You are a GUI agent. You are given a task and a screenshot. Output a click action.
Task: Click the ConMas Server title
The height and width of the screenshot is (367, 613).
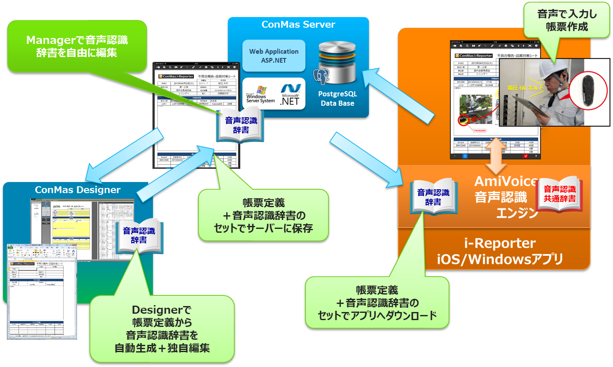point(298,25)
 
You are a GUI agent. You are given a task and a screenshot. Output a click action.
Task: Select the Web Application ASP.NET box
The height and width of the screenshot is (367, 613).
point(274,56)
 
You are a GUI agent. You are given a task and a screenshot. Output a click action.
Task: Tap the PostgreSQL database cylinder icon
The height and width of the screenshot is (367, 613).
point(337,64)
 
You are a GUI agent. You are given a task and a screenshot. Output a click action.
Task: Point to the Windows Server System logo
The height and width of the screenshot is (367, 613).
point(260,95)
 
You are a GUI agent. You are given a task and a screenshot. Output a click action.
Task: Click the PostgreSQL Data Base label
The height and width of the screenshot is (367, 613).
point(337,98)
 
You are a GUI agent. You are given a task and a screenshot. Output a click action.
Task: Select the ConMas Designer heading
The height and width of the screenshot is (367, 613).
point(78,190)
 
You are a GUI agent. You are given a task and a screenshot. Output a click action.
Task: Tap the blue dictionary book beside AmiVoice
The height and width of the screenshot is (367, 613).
point(433,197)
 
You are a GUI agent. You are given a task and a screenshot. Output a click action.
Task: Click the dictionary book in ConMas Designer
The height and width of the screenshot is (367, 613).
point(139,235)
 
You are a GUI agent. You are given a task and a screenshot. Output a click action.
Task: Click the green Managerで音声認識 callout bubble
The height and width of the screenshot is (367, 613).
point(77,46)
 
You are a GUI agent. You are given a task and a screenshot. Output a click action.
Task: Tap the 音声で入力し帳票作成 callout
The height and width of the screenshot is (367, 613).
point(567,20)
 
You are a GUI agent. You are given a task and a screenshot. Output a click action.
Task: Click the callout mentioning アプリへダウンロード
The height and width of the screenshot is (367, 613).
point(377,303)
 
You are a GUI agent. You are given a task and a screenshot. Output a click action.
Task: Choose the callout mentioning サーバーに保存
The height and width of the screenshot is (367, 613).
point(263,216)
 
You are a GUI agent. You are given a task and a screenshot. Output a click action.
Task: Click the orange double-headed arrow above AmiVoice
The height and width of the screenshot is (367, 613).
point(496,156)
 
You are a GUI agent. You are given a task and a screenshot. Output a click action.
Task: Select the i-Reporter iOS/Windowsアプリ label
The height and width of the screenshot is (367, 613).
point(500,251)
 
